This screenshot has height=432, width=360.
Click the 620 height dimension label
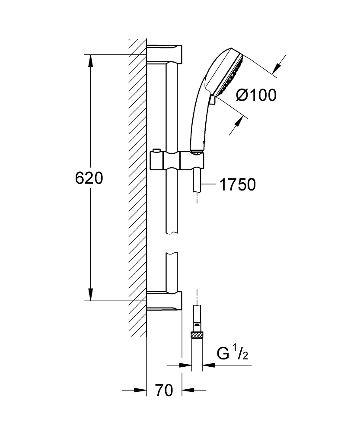pos(89,178)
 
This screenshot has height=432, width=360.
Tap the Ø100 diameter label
pos(256,95)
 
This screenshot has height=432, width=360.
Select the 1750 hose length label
pos(237,184)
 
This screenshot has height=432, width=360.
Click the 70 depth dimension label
pos(164,390)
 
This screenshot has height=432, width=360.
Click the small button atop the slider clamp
pos(156,150)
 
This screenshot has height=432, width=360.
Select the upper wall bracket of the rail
pos(164,54)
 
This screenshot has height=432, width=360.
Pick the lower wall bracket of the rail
pos(164,301)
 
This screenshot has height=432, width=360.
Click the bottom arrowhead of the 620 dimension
pos(90,295)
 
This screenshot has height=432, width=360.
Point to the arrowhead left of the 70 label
pos(140,390)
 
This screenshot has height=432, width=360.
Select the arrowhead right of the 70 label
pos(188,390)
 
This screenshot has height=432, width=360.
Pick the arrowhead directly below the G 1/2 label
pos(209,365)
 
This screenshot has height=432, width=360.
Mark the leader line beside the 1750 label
pos(209,184)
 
